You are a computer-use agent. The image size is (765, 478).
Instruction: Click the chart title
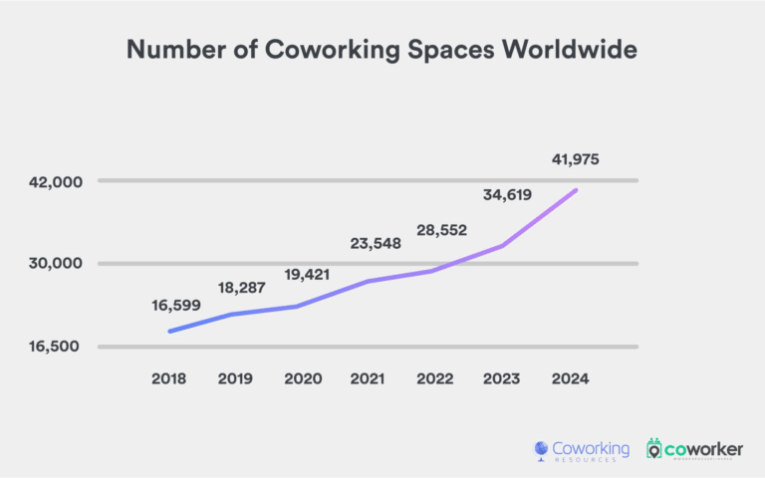[x=382, y=51]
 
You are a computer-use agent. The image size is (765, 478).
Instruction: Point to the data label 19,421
[x=306, y=274]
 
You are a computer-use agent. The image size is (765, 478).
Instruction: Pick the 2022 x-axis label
[x=434, y=379]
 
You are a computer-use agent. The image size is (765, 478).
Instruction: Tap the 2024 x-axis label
[x=568, y=379]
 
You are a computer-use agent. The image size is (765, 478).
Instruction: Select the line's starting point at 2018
[x=169, y=332]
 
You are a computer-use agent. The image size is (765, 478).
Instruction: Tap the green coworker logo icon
[x=654, y=449]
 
